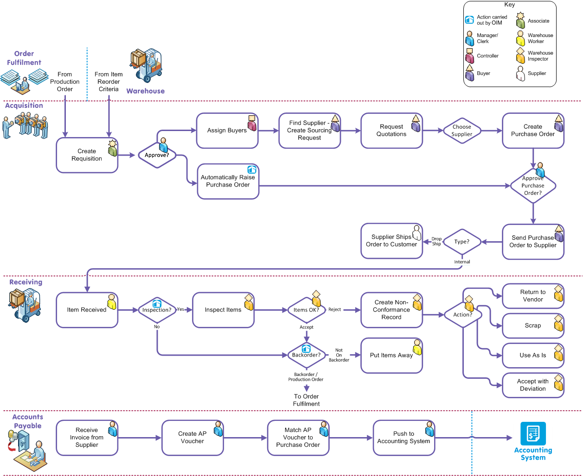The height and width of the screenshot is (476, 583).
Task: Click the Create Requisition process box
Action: point(87,155)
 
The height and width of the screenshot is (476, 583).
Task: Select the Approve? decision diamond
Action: point(157,155)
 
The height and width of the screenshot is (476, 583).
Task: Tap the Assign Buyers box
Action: point(227,131)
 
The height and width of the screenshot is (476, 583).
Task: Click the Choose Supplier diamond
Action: point(461,131)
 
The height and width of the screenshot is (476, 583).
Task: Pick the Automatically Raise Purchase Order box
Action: point(228,181)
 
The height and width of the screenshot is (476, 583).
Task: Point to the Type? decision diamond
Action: point(461,242)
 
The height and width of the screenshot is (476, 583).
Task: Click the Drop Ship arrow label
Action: point(436,241)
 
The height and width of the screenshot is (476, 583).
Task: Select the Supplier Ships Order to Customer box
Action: point(391,241)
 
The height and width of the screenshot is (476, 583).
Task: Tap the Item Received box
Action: point(87,310)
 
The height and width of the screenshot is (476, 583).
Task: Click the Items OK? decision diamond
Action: point(306,310)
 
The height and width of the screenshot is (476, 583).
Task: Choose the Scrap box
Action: point(533,326)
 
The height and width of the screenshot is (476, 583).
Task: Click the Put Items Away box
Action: point(391,355)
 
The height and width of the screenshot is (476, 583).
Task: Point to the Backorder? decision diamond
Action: point(306,355)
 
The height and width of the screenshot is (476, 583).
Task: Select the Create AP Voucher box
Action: point(192,438)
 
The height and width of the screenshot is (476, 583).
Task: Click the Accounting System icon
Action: point(533,434)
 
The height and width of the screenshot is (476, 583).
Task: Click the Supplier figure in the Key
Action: point(520,73)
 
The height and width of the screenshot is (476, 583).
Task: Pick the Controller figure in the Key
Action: point(470,56)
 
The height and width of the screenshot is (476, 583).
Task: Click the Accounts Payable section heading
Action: point(28,421)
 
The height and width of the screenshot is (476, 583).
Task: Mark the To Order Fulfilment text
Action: point(306,400)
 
